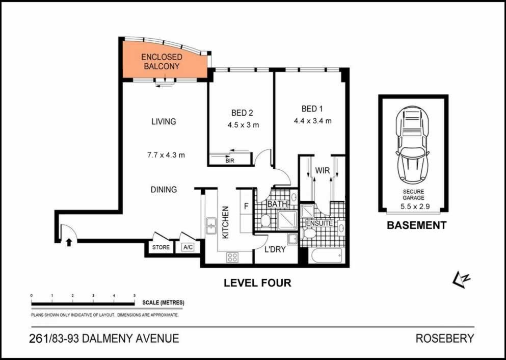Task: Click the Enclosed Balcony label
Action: point(162,62)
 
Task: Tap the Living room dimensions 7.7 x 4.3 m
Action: point(166,155)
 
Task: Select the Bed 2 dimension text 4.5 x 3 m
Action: point(243,125)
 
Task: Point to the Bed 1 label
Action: point(312,109)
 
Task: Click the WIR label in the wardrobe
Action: point(323,170)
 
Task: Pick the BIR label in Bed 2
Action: point(230,161)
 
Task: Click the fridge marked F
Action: point(246,206)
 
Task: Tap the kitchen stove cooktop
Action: point(232,257)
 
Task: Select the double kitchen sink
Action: point(211,226)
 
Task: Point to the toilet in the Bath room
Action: point(265,221)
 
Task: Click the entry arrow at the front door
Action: point(68,242)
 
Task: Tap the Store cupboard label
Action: point(161,247)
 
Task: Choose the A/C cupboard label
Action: point(188,247)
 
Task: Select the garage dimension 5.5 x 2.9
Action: point(415,207)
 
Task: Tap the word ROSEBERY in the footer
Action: point(445,339)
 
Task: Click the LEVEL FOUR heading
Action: point(257,283)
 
